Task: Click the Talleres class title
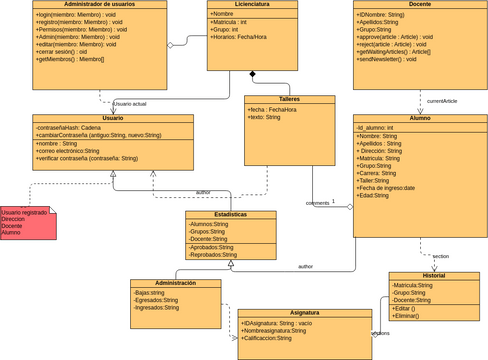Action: point(288,99)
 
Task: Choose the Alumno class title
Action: point(420,118)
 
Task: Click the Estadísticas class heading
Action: point(231,214)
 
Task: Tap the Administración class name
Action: point(176,283)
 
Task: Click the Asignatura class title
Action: point(305,312)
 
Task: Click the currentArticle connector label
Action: point(442,101)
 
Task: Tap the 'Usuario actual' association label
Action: point(131,104)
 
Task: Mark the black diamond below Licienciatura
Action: point(253,75)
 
